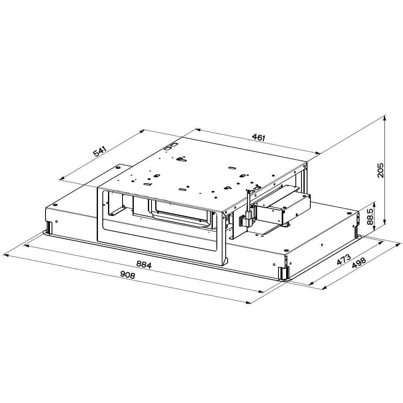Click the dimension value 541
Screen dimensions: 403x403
pyautogui.click(x=100, y=152)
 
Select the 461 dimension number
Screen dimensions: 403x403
pyautogui.click(x=258, y=137)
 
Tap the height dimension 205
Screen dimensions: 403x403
pyautogui.click(x=380, y=170)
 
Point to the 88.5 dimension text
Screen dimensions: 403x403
pyautogui.click(x=370, y=216)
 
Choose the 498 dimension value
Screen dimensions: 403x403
pyautogui.click(x=359, y=263)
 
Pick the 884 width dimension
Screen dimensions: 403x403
pyautogui.click(x=144, y=264)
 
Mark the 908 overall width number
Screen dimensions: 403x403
pyautogui.click(x=127, y=275)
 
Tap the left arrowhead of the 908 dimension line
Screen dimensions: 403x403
pyautogui.click(x=4, y=256)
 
